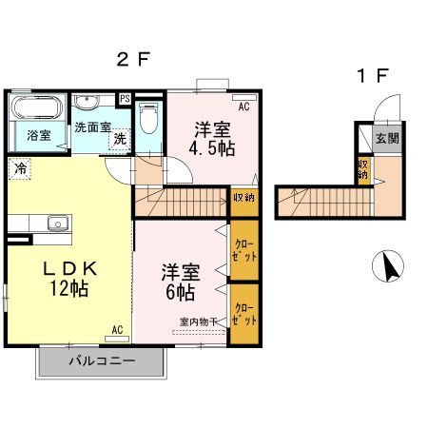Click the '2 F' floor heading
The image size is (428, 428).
(133, 59)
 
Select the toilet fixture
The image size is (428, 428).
(148, 119)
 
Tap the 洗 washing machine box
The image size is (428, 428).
(120, 138)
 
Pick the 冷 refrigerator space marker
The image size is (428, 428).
(20, 169)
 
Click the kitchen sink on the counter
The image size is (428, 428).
(54, 224)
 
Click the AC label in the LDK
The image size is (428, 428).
(117, 330)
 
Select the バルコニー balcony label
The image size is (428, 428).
(102, 361)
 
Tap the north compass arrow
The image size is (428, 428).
(390, 267)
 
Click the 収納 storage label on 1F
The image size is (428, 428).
(362, 169)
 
